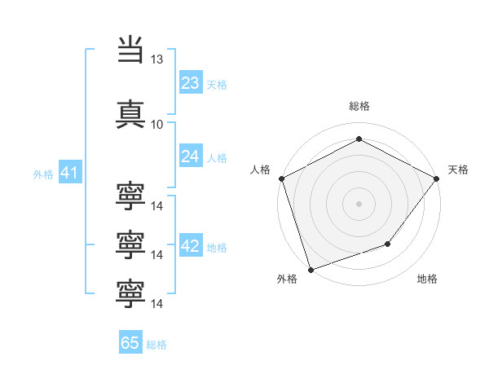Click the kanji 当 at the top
pos(130,49)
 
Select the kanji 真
pos(130,114)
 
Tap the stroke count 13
pos(156,59)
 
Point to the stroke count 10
pos(156,125)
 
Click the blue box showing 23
pos(191,81)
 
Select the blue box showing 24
pos(191,156)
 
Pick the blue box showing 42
pos(191,244)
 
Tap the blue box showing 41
pos(70,172)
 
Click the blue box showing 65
pos(130,341)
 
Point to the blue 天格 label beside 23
pos(217,85)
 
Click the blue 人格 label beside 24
pos(217,158)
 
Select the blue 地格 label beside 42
pos(217,248)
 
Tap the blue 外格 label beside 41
pos(43,174)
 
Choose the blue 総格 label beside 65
pos(156,345)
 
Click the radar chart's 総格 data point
pos(359,139)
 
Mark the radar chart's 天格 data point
pos(437,178)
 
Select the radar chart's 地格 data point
pos(388,244)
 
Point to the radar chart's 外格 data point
pos(311,270)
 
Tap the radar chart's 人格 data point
pos(282,178)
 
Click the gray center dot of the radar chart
pos(359,204)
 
